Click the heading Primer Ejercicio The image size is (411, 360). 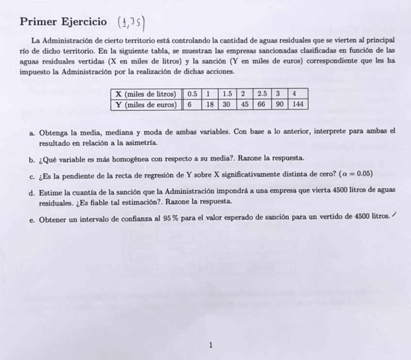point(63,22)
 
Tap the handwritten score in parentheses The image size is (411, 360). point(131,22)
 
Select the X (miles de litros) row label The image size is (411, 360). point(145,94)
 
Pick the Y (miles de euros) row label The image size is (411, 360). point(145,105)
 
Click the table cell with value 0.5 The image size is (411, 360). point(192,94)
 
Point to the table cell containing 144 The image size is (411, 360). point(298,105)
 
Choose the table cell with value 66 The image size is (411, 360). point(262,105)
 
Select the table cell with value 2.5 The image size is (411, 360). point(262,94)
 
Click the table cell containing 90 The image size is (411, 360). point(279,105)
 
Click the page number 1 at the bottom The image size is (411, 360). point(210,345)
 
